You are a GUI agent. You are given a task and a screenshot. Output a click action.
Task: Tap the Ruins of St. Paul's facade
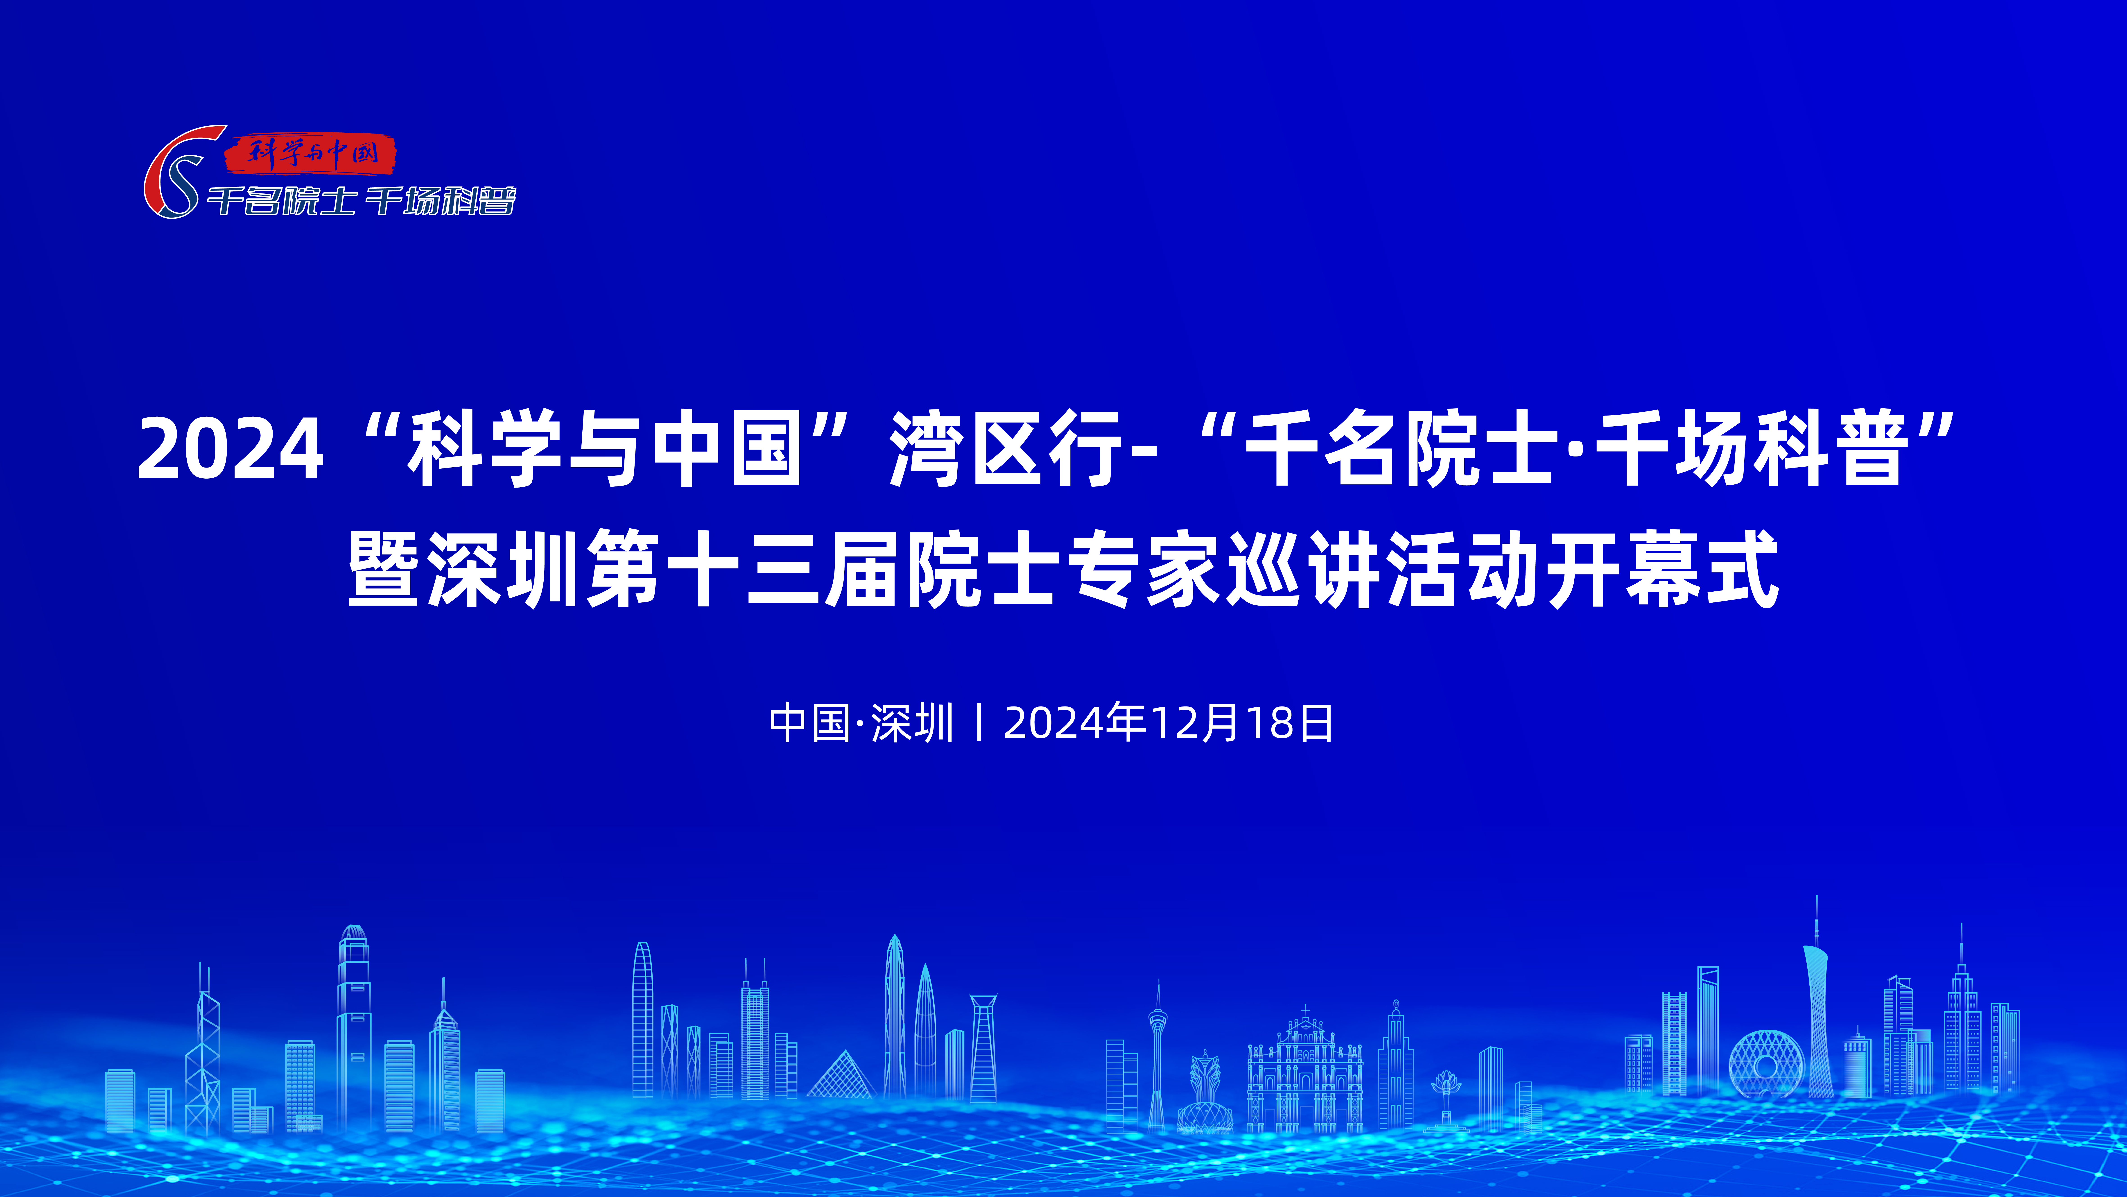click(1305, 1070)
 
